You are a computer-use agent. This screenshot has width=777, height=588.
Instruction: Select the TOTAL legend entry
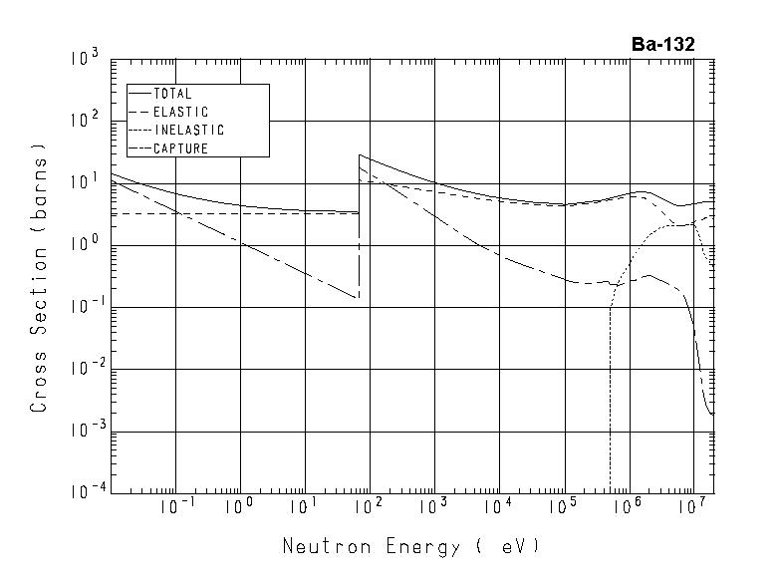(x=172, y=94)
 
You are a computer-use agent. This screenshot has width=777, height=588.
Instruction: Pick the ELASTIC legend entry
(x=180, y=112)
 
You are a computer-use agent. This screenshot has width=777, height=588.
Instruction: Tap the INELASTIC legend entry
(x=189, y=131)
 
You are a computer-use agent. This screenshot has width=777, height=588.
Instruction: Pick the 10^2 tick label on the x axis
(x=370, y=507)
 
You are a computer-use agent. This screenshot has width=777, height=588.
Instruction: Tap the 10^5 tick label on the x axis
(x=564, y=507)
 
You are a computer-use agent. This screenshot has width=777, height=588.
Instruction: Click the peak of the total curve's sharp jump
(x=359, y=154)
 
